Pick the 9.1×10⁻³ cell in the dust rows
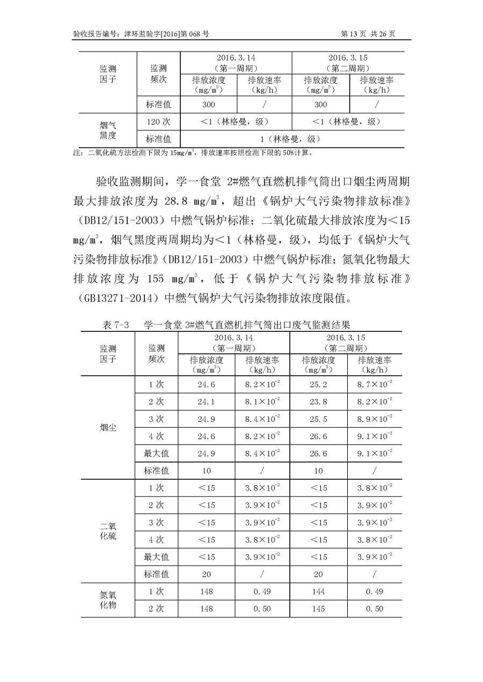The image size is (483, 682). click(x=374, y=436)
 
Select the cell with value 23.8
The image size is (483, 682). click(x=318, y=402)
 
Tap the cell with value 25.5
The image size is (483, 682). click(x=318, y=419)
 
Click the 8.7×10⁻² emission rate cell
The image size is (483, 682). click(x=374, y=385)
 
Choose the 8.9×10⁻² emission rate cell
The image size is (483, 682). click(x=374, y=419)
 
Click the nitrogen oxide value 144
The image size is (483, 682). click(x=318, y=591)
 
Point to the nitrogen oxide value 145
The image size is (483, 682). click(x=318, y=609)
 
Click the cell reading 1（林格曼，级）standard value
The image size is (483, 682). click(x=291, y=139)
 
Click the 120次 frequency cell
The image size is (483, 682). click(x=158, y=122)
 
